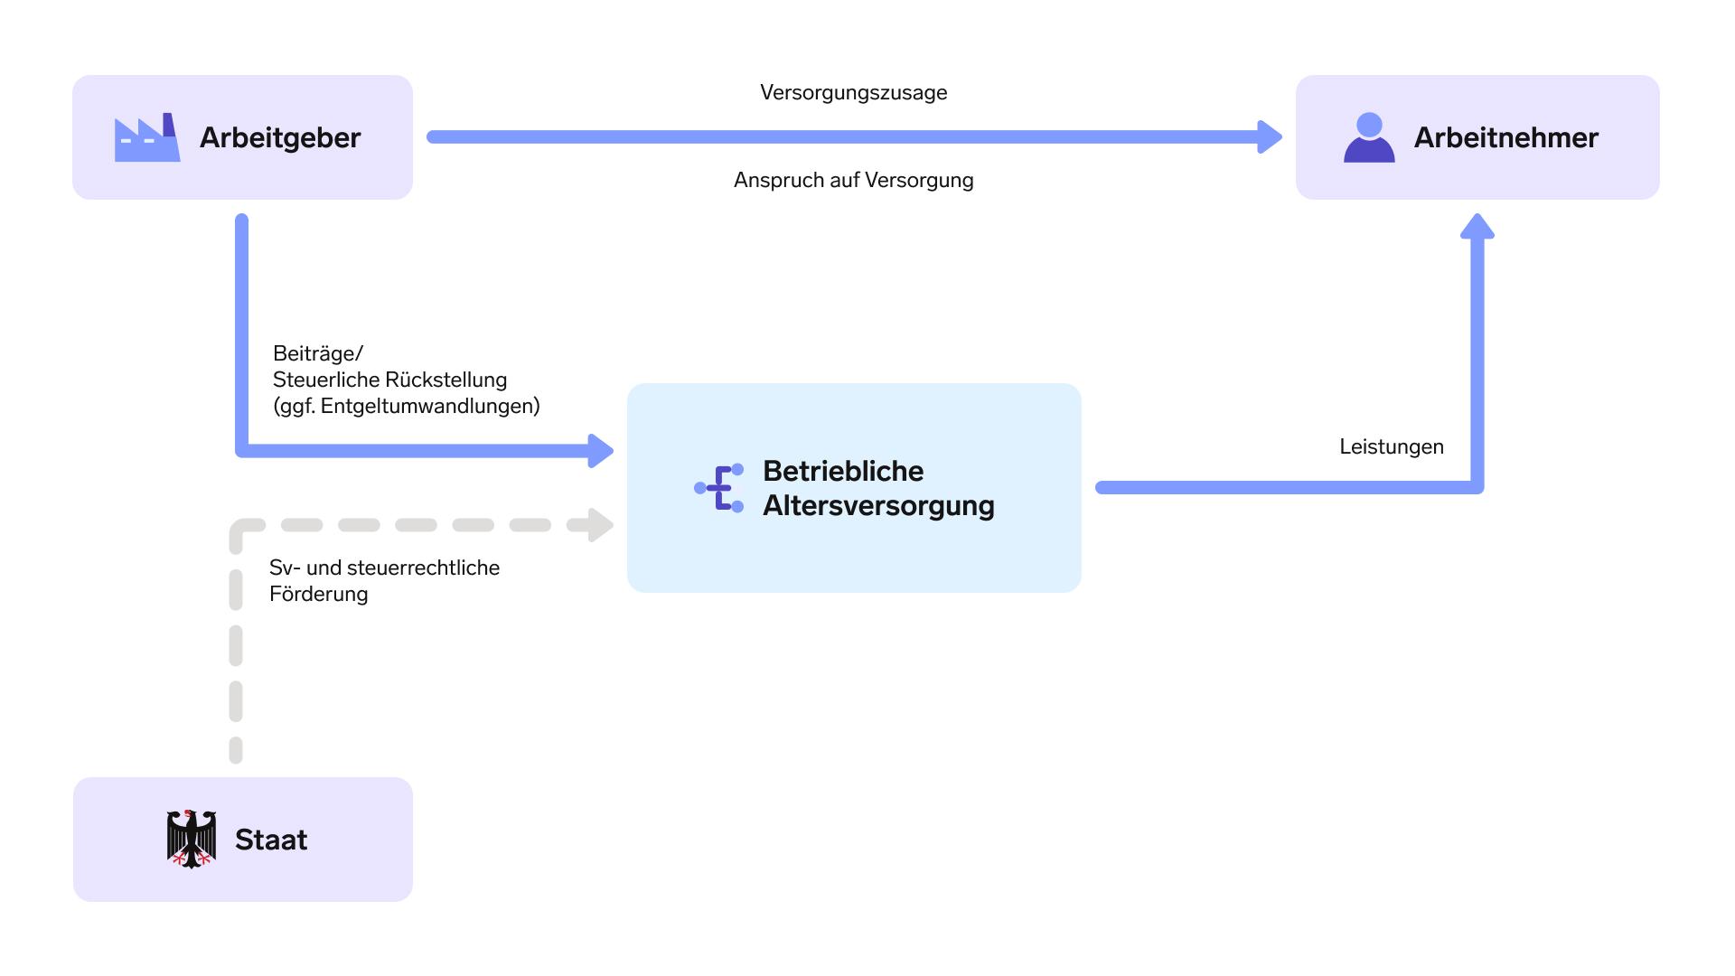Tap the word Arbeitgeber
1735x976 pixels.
(280, 138)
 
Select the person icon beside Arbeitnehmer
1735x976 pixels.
(1369, 137)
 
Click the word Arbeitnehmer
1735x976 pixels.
(1506, 138)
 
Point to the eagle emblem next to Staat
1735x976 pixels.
(192, 840)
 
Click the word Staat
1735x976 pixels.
(271, 840)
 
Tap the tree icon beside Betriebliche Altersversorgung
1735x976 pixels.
(719, 488)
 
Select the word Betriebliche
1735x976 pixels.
(843, 471)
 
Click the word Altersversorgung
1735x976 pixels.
(878, 505)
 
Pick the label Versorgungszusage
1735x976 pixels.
(854, 93)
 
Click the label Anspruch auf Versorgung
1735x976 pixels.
(854, 180)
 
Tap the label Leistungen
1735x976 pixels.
(1392, 447)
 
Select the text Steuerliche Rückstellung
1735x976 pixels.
(390, 380)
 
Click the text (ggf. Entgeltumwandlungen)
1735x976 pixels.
(407, 407)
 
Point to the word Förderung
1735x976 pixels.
(319, 594)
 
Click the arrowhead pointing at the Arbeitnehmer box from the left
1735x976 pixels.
(1271, 137)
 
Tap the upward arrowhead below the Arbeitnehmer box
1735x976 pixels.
(1477, 226)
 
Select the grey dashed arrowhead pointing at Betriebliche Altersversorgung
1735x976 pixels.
(601, 525)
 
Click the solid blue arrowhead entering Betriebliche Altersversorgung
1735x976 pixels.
(601, 451)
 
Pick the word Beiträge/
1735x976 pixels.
(318, 353)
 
